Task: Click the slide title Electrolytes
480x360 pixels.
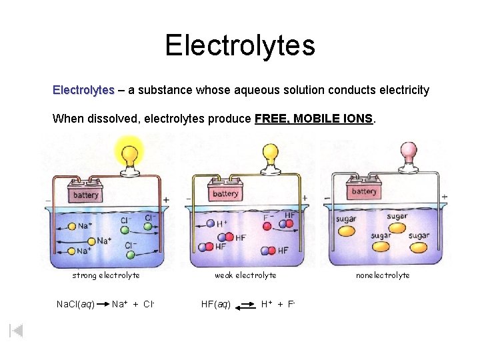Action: pyautogui.click(x=240, y=45)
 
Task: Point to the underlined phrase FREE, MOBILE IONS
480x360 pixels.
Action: pyautogui.click(x=315, y=119)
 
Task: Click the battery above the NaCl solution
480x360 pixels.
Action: pyautogui.click(x=85, y=195)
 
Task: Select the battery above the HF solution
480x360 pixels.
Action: pyautogui.click(x=225, y=193)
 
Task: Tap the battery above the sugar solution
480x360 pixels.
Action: pyautogui.click(x=363, y=191)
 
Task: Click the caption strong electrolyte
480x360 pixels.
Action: pyautogui.click(x=106, y=275)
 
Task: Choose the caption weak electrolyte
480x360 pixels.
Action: pyautogui.click(x=245, y=275)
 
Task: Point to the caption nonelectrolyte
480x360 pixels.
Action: pyautogui.click(x=383, y=275)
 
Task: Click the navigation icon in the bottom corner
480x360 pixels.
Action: pyautogui.click(x=17, y=330)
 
